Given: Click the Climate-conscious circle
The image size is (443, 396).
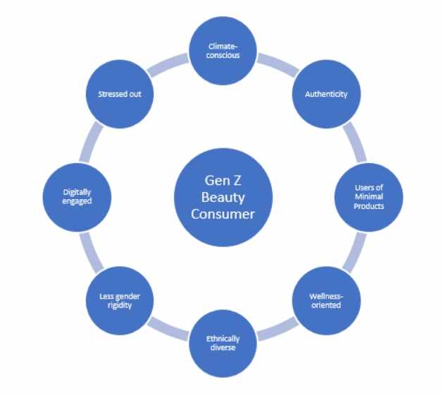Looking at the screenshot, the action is [223, 51].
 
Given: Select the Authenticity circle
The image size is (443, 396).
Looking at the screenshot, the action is [326, 94].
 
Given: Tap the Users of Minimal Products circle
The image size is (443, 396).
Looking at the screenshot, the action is [368, 197].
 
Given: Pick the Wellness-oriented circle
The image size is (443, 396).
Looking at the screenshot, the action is [326, 301].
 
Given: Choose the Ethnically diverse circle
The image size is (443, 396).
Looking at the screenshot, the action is [223, 343].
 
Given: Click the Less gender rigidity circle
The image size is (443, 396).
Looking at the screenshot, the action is [120, 301].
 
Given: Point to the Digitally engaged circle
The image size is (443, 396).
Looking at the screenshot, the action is [77, 197].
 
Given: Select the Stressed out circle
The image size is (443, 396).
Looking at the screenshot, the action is [120, 94].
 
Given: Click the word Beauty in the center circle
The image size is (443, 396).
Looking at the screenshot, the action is [223, 198].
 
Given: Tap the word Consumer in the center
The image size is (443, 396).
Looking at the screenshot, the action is [223, 214].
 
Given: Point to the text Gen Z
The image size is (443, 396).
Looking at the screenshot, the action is [223, 181].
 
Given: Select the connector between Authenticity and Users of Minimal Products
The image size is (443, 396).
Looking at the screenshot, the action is [355, 142].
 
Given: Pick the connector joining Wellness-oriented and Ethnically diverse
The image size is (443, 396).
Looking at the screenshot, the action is [278, 329].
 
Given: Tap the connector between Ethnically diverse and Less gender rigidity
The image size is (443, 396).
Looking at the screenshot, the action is [168, 329].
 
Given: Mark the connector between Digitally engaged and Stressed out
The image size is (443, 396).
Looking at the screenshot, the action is [91, 142].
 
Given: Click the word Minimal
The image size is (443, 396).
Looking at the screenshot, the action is [369, 196].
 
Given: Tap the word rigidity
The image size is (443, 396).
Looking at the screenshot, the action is [120, 306].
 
